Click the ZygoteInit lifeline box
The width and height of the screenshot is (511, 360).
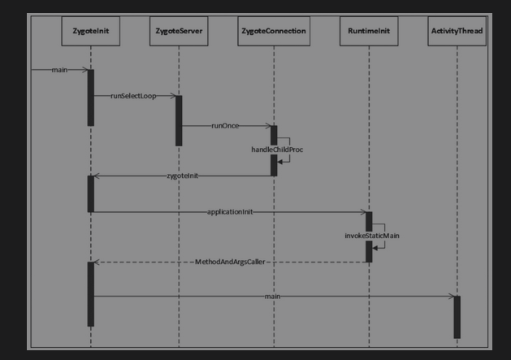[x=91, y=31]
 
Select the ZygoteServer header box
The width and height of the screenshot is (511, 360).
[x=179, y=31]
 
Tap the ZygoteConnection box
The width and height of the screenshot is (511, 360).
[x=274, y=31]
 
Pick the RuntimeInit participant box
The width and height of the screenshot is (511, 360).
[x=368, y=31]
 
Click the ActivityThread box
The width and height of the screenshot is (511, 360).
[x=457, y=31]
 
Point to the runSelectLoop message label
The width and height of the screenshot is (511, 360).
[x=133, y=96]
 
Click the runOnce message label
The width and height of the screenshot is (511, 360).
[x=226, y=126]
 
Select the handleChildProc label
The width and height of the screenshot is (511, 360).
[x=276, y=150]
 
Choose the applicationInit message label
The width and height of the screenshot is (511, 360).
[x=230, y=211]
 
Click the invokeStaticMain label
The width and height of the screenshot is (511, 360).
[x=371, y=235]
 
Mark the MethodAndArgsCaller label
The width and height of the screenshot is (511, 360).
[x=230, y=262]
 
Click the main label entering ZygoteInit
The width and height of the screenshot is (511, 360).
[x=59, y=70]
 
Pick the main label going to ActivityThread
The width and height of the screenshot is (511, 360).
[x=273, y=297]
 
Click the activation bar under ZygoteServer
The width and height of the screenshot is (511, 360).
[x=179, y=120]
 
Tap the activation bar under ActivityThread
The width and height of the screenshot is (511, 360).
[x=457, y=317]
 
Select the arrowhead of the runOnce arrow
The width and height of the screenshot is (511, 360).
[x=267, y=126]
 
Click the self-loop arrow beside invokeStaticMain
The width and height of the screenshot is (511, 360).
[x=380, y=236]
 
